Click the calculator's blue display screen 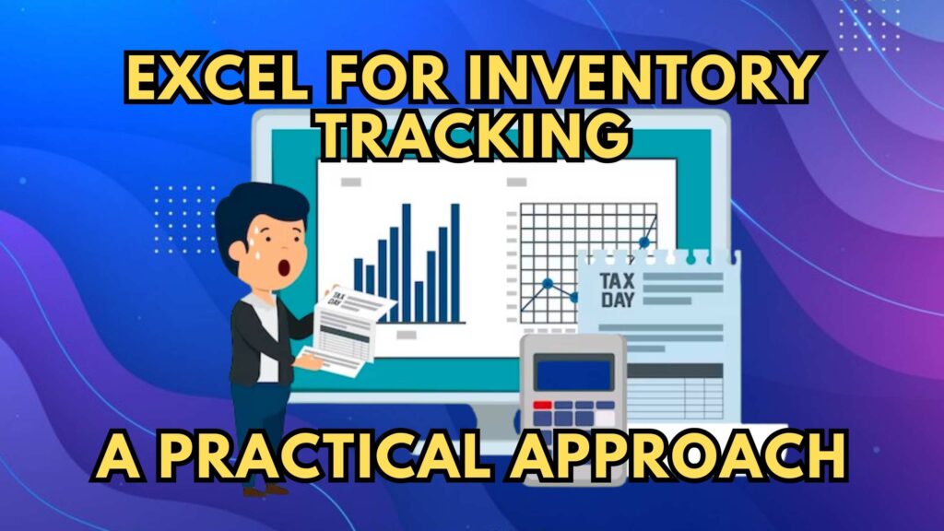click(x=573, y=373)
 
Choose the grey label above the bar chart click(x=350, y=183)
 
